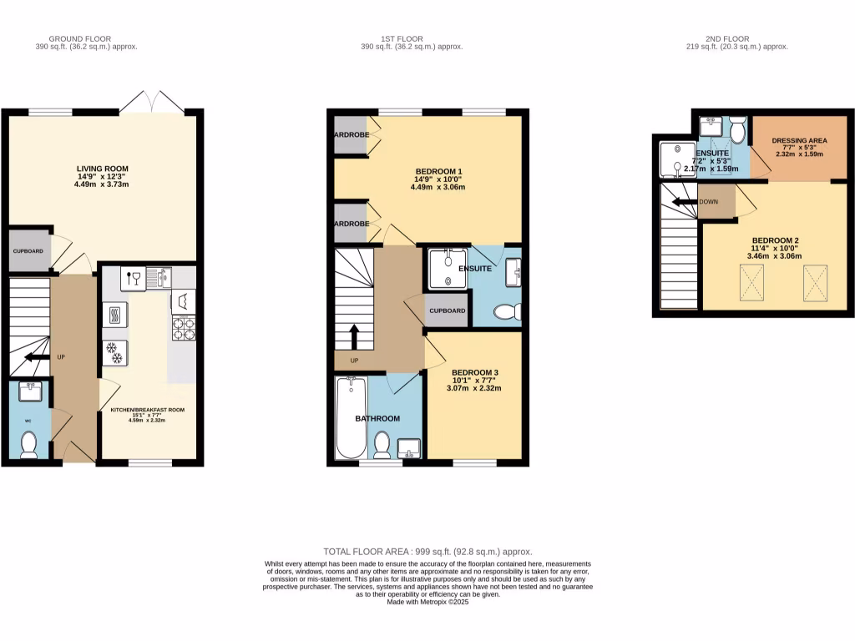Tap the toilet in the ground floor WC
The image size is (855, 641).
[x=29, y=444]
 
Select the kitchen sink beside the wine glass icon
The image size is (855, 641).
[x=157, y=278]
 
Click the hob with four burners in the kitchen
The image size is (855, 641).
[x=183, y=328]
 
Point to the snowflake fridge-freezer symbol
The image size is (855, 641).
[x=114, y=354]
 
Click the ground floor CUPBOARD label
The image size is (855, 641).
[x=28, y=250]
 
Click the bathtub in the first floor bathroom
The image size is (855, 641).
[x=350, y=417]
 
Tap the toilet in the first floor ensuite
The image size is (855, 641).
[x=506, y=312]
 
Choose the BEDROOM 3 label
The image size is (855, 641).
[x=475, y=372]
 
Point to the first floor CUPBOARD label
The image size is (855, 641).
[x=448, y=310]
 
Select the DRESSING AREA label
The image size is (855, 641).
[x=799, y=141]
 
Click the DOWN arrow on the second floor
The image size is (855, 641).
[x=686, y=202]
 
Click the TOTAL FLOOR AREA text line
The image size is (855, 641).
[x=427, y=552]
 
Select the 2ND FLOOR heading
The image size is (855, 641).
[x=726, y=38]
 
